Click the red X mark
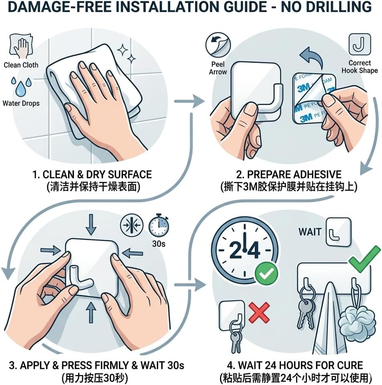point(259,312)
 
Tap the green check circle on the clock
point(266,273)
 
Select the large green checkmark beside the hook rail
point(365,259)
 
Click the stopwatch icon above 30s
point(158,225)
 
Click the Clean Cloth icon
point(21,47)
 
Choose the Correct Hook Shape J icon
point(360,45)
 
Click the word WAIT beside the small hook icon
point(310,232)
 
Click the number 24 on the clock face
point(244,250)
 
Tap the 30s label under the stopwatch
point(158,243)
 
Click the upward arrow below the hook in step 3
point(91,312)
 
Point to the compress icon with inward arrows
point(132,225)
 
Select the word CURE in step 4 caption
point(350,365)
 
